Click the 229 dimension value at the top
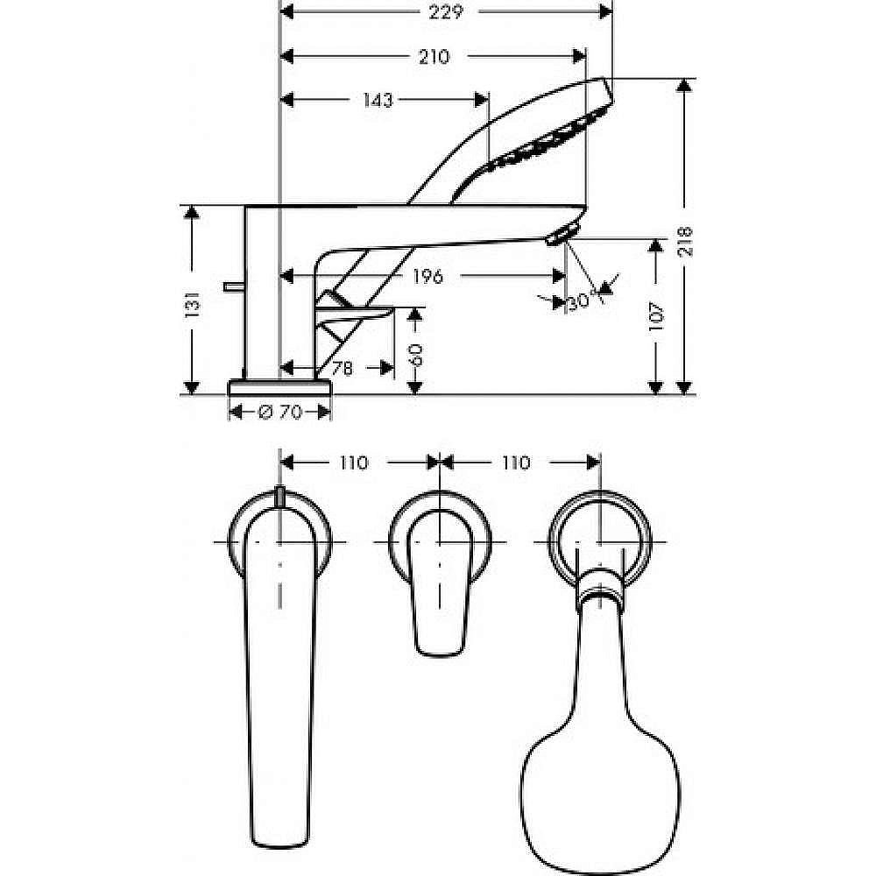pos(447,11)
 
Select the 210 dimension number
pos(434,57)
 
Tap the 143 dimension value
pos(377,100)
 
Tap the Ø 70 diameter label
pos(280,413)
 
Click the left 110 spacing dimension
pos(353,463)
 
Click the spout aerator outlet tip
pos(561,234)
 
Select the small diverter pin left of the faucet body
pos(233,286)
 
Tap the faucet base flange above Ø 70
pos(280,387)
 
